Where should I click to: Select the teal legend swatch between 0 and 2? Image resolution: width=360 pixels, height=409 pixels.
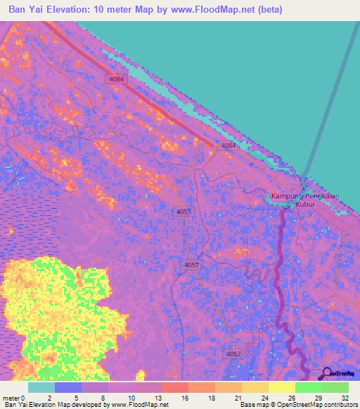coord(41,388)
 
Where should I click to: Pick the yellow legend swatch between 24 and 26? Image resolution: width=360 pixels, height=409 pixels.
coord(281,388)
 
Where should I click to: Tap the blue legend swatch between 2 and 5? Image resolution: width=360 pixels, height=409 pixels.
coord(67,388)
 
